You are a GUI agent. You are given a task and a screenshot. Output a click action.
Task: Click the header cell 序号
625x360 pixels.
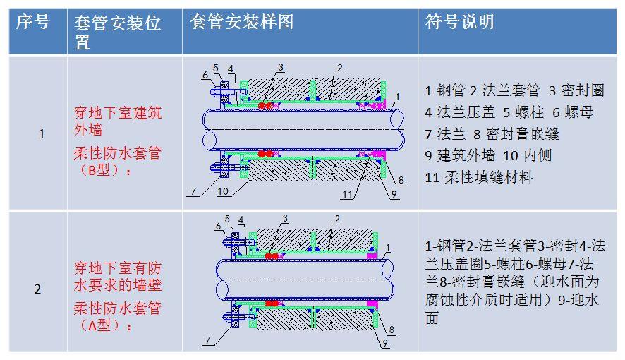32,23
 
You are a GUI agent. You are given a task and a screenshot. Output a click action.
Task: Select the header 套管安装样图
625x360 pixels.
241,23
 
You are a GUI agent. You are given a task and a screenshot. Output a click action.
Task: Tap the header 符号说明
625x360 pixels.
459,23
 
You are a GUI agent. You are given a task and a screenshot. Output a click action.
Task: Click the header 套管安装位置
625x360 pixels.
117,32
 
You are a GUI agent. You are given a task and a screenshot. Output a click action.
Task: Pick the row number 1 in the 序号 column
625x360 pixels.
41,133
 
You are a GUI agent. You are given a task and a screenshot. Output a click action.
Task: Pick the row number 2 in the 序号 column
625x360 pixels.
38,289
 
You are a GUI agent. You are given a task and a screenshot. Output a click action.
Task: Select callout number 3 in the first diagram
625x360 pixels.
280,68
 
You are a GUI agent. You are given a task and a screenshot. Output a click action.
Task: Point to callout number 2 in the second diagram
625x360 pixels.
337,219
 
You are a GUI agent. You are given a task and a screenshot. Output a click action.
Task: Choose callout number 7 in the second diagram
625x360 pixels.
207,341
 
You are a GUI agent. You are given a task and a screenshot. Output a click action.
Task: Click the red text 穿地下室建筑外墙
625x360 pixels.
118,121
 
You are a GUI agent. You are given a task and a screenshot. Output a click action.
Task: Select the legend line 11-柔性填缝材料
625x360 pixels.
478,177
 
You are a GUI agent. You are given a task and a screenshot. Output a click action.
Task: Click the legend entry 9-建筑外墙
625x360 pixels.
459,155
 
